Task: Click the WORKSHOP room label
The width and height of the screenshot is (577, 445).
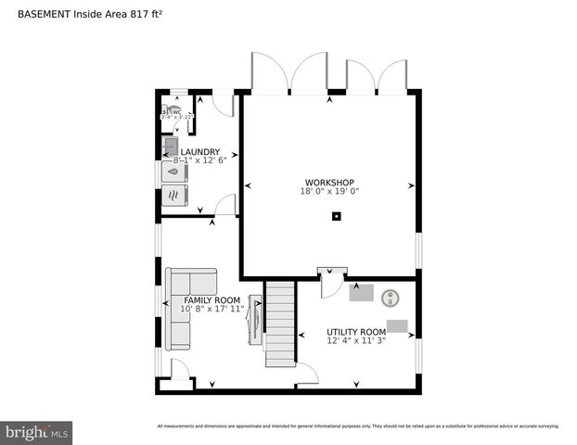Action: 329,182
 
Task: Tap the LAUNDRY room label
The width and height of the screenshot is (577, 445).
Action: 199,152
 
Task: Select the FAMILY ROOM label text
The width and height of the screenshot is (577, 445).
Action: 212,300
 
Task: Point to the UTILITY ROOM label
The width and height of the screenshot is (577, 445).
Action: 355,332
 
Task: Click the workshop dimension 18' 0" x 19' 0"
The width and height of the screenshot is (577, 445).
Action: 329,192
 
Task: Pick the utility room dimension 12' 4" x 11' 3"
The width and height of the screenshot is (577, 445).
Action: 355,341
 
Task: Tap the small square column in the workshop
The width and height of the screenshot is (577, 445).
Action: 337,217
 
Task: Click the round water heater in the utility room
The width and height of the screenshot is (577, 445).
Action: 391,298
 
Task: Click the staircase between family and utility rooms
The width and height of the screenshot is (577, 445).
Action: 278,324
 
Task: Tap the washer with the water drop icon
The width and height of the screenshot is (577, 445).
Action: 174,172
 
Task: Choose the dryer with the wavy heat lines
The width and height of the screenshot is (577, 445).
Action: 174,195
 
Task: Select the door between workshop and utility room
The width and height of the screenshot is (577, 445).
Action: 330,284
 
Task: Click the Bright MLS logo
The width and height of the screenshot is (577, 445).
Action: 37,432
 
